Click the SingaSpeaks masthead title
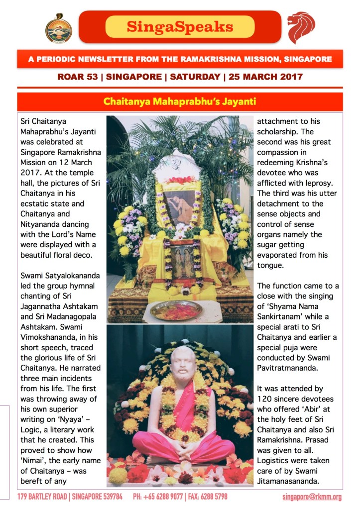point(180,27)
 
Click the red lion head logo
point(301,27)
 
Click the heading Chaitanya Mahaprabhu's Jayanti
point(180,102)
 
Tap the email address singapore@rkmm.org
point(312,497)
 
